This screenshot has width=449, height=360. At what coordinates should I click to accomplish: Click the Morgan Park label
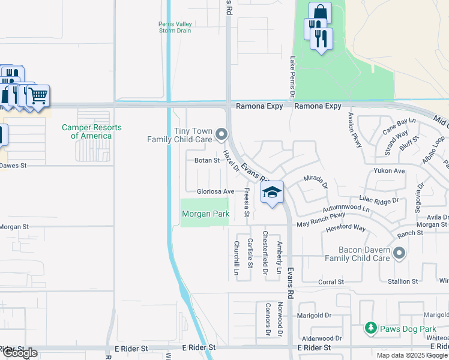pyautogui.click(x=205, y=214)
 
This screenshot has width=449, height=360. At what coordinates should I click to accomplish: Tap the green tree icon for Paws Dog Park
pyautogui.click(x=370, y=328)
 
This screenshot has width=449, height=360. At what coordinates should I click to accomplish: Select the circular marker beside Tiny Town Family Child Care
pyautogui.click(x=221, y=134)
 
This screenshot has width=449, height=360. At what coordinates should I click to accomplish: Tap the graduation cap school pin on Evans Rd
pyautogui.click(x=272, y=193)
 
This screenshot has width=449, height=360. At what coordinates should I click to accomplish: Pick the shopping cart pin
pyautogui.click(x=38, y=95)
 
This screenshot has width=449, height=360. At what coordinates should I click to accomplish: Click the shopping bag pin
pyautogui.click(x=320, y=12)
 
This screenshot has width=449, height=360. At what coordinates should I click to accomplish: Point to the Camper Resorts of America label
pyautogui.click(x=91, y=132)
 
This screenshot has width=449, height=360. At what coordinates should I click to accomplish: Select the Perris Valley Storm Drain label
pyautogui.click(x=175, y=28)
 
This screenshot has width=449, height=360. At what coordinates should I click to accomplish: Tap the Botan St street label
pyautogui.click(x=206, y=160)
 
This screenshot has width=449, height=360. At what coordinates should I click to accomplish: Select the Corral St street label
pyautogui.click(x=331, y=281)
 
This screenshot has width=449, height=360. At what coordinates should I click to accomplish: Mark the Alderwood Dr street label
pyautogui.click(x=322, y=338)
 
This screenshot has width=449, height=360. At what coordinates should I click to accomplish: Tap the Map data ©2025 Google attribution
pyautogui.click(x=412, y=355)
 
